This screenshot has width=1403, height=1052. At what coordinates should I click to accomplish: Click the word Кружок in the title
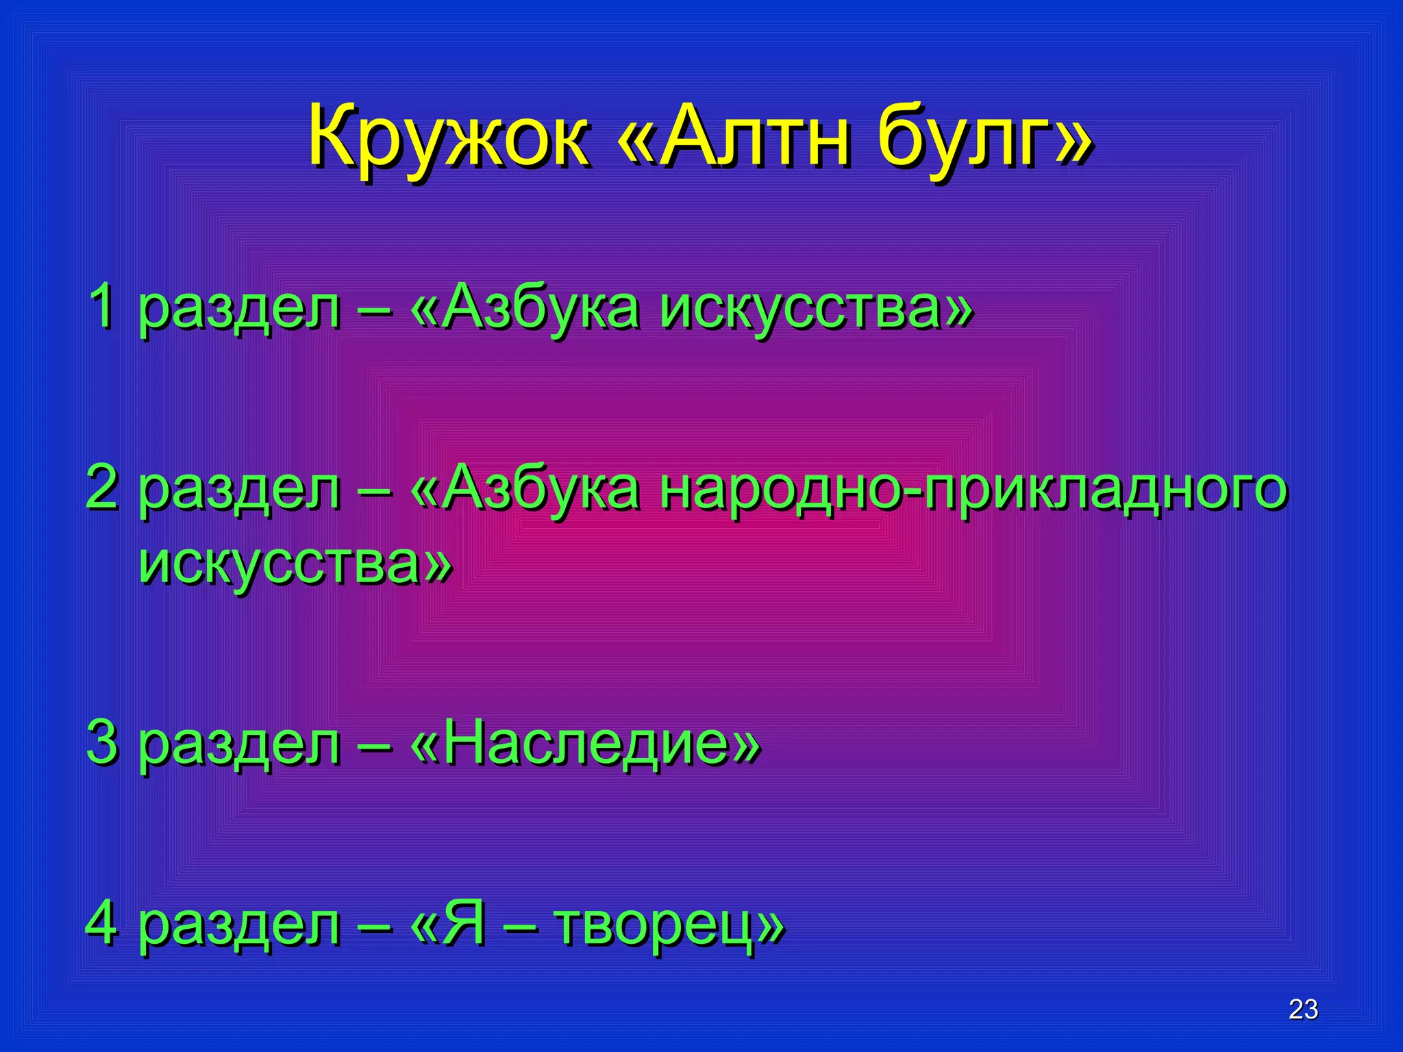449,137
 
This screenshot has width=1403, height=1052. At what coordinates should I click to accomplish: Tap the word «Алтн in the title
733,137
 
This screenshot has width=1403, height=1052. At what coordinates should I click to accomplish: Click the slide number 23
1303,1010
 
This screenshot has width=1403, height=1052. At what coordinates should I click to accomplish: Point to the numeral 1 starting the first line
103,306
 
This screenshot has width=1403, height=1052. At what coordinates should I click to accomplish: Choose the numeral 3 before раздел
103,743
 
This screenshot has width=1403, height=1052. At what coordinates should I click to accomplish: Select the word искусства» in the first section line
816,308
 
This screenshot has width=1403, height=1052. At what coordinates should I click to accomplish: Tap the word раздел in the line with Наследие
240,745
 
